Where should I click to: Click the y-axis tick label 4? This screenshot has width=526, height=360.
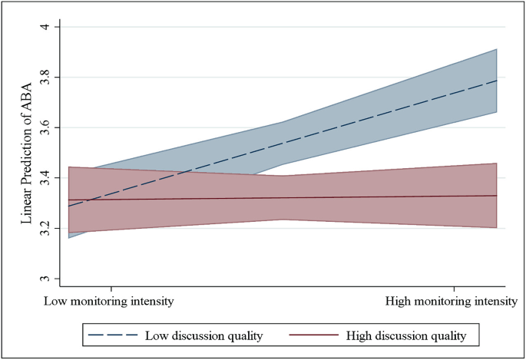45,27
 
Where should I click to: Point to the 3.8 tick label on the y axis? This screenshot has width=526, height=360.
45,78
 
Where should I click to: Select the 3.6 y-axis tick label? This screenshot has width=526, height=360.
45,127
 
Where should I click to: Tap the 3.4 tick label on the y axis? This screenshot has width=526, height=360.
45,178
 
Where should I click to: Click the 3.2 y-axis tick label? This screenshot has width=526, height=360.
45,229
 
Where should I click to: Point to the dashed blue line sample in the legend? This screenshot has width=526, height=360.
114,335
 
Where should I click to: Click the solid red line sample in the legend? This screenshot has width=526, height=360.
316,335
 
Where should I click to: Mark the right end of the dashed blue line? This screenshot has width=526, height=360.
498,80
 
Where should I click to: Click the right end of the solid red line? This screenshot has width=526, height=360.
498,196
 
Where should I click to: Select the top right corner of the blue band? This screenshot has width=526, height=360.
498,48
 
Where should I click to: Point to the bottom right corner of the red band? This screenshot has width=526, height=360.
498,228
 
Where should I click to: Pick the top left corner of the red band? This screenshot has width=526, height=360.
90,167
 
